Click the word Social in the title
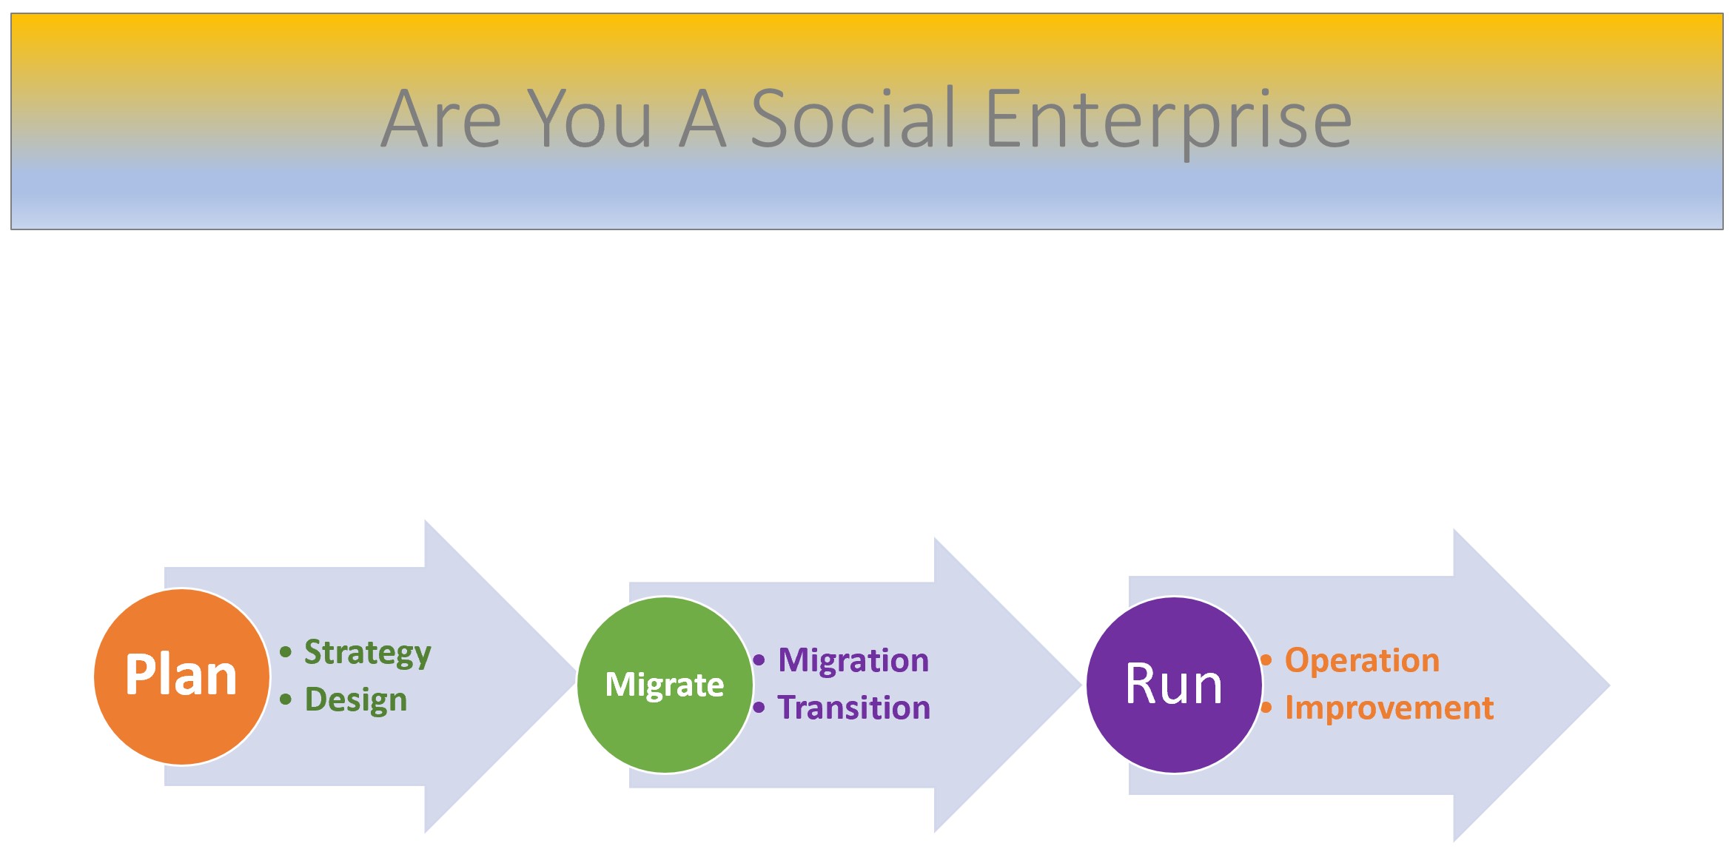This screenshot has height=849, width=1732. pos(853,118)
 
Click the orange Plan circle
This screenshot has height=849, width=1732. pos(181,677)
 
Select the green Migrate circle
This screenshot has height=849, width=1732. pos(665,685)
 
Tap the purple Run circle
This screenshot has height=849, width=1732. pos(1174,685)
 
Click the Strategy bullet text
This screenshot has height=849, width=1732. pos(367,653)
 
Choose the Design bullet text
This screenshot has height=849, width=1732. pos(356,700)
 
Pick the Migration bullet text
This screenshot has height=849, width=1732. pos(853,660)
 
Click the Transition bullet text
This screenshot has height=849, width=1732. pos(853,708)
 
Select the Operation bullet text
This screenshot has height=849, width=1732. pos(1362,660)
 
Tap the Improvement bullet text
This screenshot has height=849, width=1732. pos(1389,708)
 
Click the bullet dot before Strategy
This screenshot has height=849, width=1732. pos(286,652)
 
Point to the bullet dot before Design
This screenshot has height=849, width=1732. pos(286,699)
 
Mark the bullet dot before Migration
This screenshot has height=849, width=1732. pos(759,660)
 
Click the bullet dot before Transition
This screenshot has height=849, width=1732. pos(759,708)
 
